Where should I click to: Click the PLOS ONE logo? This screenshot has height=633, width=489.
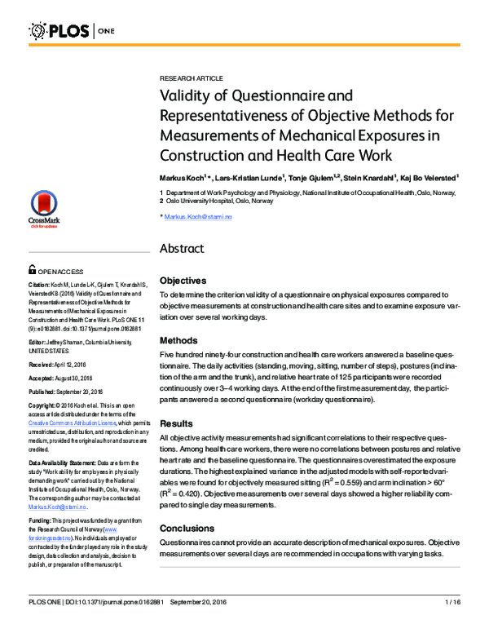pos(73,32)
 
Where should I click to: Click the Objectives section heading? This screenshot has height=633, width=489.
pos(188,280)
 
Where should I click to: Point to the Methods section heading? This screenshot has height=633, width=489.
pos(181,339)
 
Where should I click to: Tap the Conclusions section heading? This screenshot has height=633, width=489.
pos(192,506)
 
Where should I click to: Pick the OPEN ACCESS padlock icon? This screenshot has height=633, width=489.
pos(32,270)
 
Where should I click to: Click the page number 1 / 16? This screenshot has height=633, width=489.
pos(453,602)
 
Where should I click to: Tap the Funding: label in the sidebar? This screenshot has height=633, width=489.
pos(41,519)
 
